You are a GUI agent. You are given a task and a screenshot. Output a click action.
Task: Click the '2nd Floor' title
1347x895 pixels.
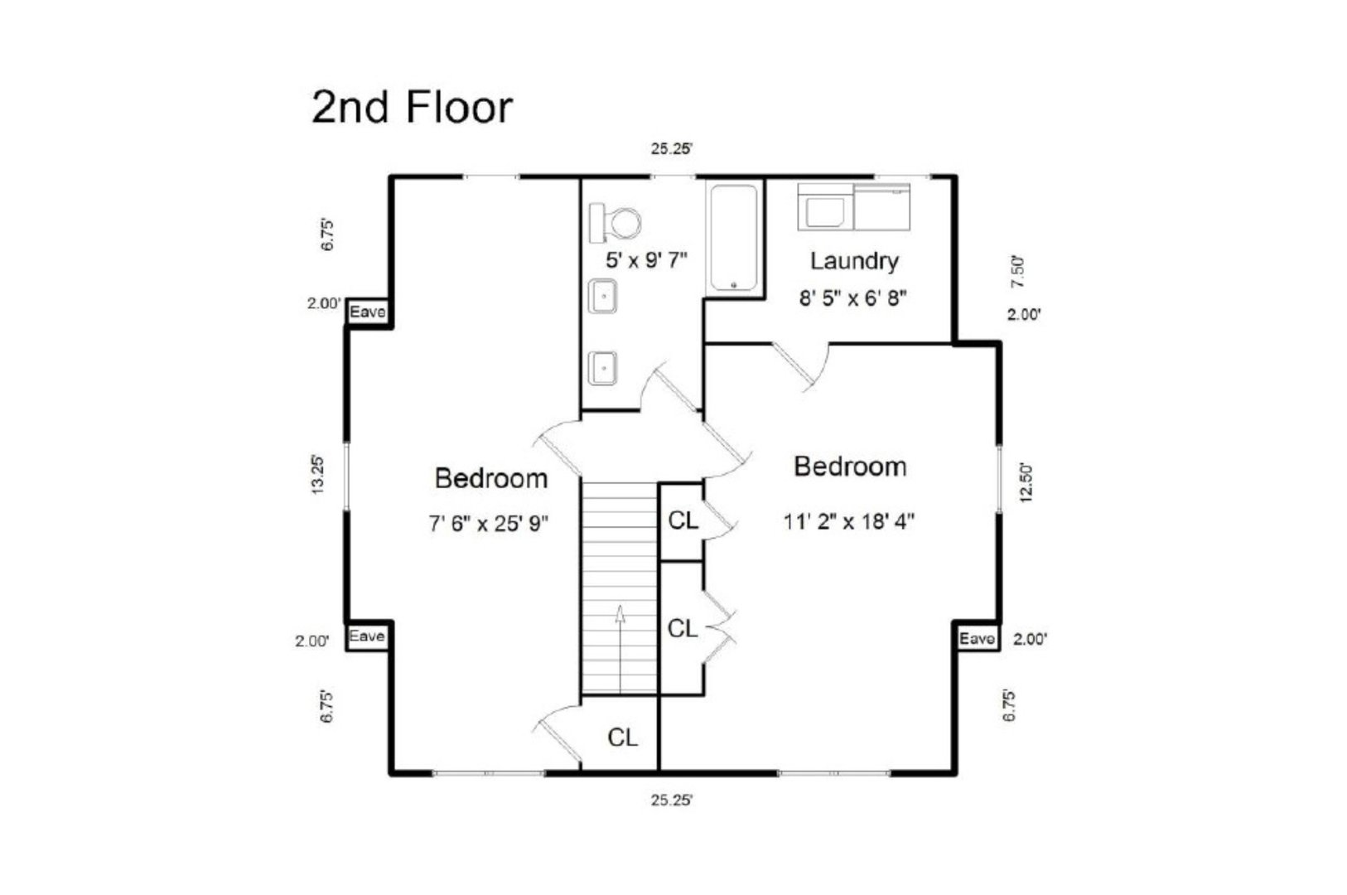tap(412, 108)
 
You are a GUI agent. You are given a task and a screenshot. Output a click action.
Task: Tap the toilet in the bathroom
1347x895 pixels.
tap(617, 222)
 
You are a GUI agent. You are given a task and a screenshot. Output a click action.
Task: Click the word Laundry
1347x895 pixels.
tap(853, 261)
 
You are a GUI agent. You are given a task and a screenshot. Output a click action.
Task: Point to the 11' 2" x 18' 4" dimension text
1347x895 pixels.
tap(849, 522)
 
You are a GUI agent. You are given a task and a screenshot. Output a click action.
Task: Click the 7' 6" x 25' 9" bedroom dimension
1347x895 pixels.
tap(490, 524)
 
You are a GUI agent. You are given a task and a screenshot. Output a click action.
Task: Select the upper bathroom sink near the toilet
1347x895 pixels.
tap(603, 297)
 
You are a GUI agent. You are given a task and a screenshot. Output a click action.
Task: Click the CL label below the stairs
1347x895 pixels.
tap(622, 738)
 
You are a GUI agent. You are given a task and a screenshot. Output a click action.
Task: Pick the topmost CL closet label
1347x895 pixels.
tap(683, 521)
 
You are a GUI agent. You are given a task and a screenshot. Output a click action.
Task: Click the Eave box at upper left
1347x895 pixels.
tap(367, 312)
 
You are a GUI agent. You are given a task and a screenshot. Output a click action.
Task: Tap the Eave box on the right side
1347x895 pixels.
tap(977, 639)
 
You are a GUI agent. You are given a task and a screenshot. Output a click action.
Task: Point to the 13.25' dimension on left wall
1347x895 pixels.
tap(317, 475)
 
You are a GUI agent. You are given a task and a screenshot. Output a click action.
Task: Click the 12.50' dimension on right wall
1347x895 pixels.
tap(1027, 482)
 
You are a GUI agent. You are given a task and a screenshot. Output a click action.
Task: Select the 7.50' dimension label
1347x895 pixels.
tap(1018, 271)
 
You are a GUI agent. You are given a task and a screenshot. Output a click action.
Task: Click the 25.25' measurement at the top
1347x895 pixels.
tap(671, 149)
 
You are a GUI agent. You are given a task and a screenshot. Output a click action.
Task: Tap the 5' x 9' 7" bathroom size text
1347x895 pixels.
tap(646, 261)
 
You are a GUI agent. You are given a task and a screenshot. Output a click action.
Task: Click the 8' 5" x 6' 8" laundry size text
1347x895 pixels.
tap(852, 298)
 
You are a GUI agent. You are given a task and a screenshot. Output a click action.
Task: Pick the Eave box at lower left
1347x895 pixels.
tap(366, 636)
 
